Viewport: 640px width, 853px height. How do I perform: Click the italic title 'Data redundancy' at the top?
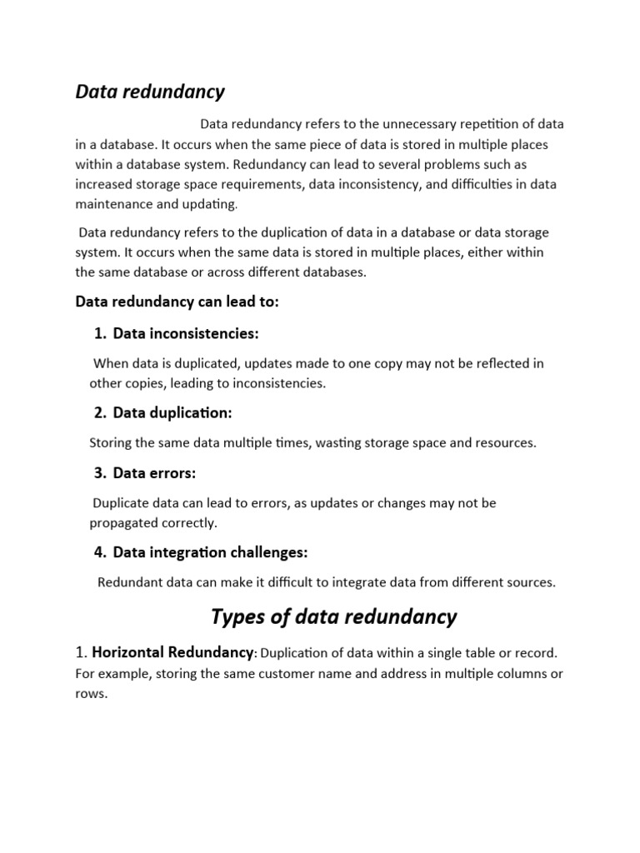pos(150,92)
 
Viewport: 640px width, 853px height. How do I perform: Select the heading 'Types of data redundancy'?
pos(333,617)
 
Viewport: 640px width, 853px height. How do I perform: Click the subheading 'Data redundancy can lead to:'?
pos(177,302)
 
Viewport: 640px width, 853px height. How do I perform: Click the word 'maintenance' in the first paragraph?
pos(114,204)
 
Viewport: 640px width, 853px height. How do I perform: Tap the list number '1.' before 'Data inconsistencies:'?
pos(101,334)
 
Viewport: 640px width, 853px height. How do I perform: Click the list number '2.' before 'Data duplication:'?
pos(101,413)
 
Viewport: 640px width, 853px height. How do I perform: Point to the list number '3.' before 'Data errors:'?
pos(101,473)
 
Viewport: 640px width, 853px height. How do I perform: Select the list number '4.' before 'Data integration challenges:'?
pos(101,552)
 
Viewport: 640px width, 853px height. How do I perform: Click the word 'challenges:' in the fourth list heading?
pos(268,552)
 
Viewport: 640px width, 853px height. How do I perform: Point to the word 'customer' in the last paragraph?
pos(276,673)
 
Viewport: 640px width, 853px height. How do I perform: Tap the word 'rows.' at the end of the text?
pos(92,693)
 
